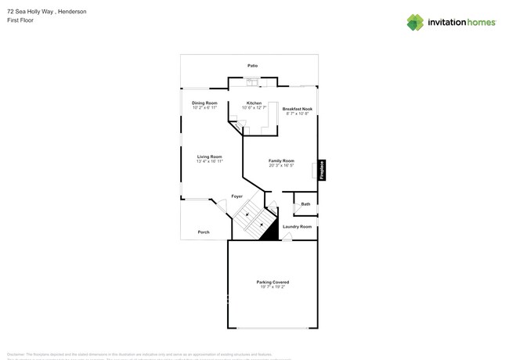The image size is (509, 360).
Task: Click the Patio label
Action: tap(252, 66)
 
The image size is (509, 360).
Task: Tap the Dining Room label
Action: tap(204, 103)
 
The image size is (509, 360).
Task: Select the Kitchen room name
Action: tap(254, 103)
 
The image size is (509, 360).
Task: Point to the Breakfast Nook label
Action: tap(298, 109)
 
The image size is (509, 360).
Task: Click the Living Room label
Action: tap(209, 157)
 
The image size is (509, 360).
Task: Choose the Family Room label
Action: tap(281, 160)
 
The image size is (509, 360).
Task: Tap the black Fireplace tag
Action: tap(322, 171)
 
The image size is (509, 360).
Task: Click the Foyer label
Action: tap(236, 196)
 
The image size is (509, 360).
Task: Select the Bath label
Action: tap(305, 204)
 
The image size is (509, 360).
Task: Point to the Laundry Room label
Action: tap(297, 227)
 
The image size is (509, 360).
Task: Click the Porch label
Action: tap(203, 232)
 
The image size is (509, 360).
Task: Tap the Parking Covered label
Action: tap(273, 282)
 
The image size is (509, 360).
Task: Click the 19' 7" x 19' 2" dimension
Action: tap(273, 287)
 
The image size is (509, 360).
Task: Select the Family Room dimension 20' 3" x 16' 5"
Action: tap(281, 166)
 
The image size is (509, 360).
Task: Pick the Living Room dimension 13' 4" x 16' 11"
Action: tap(209, 162)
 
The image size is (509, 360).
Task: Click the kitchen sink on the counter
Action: tap(252, 81)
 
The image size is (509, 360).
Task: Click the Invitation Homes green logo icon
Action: tap(415, 22)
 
